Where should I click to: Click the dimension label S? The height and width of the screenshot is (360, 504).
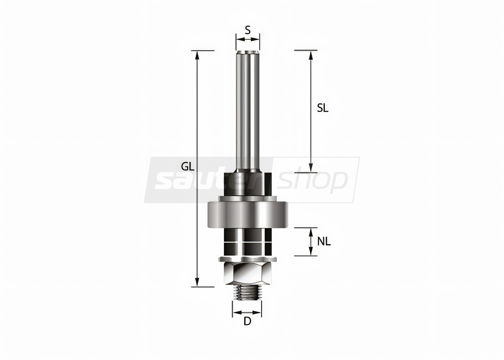pyautogui.click(x=247, y=30)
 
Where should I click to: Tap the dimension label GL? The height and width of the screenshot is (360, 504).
pyautogui.click(x=188, y=167)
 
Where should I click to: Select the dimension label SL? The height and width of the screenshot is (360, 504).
pyautogui.click(x=323, y=108)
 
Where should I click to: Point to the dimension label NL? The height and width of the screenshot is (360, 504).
pyautogui.click(x=324, y=242)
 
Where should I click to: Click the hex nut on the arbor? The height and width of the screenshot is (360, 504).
pyautogui.click(x=248, y=274)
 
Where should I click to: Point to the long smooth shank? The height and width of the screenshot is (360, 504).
pyautogui.click(x=248, y=111)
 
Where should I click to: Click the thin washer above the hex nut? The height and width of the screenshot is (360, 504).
pyautogui.click(x=248, y=259)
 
